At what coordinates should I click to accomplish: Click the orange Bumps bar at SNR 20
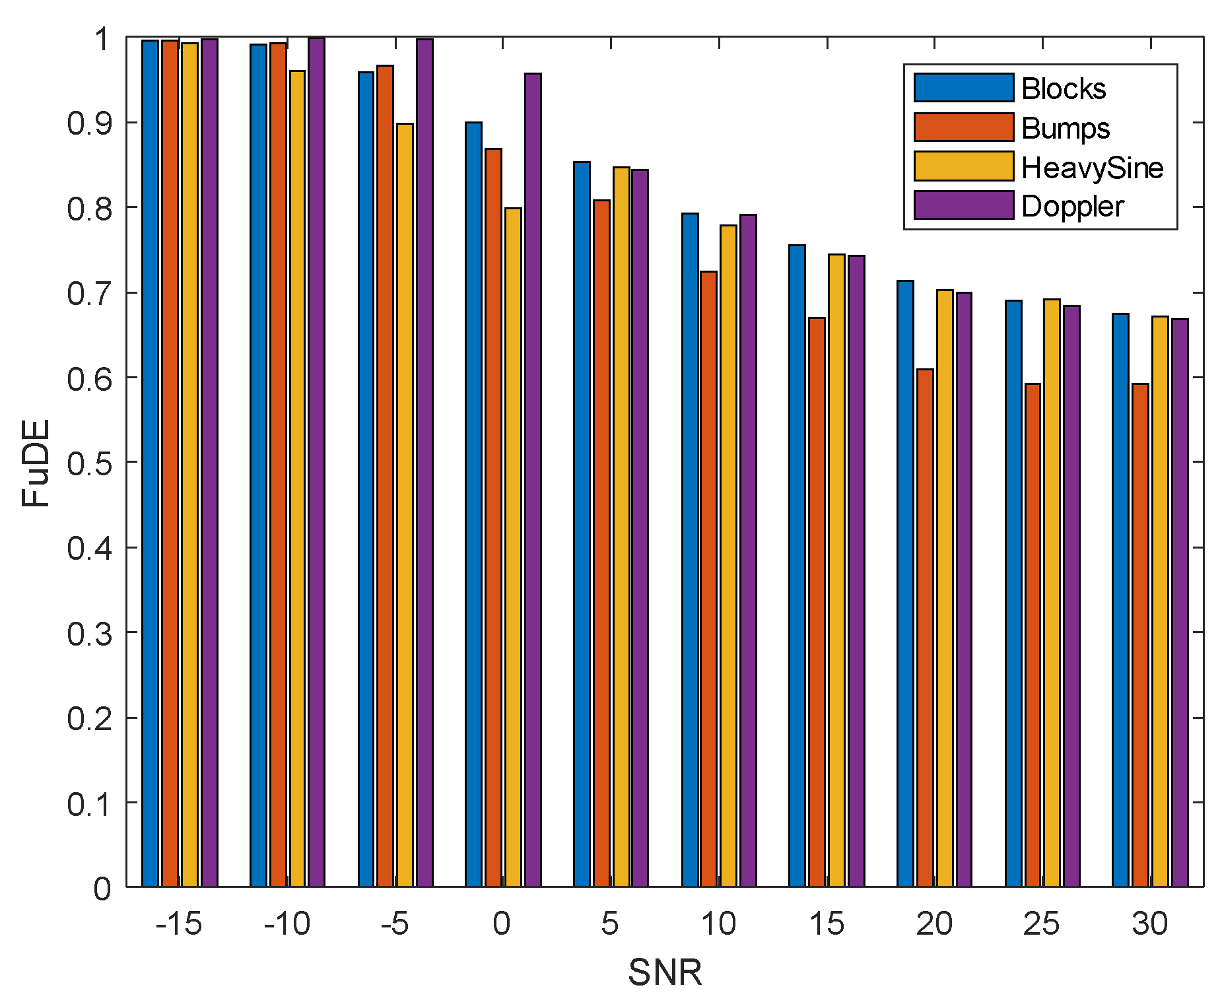click(x=925, y=628)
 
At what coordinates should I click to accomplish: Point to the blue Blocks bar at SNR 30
click(x=1120, y=600)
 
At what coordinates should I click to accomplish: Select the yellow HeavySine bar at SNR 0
click(x=513, y=547)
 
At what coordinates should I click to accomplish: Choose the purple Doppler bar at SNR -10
click(x=316, y=462)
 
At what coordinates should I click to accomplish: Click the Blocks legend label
click(x=1063, y=88)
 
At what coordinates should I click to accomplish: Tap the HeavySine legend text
click(x=1092, y=168)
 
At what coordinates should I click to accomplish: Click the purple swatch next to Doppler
click(x=963, y=205)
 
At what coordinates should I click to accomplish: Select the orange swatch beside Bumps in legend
click(x=963, y=127)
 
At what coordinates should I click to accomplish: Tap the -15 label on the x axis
click(x=178, y=923)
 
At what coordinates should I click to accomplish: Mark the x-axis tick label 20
click(x=933, y=923)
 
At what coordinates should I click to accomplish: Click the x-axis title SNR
click(x=665, y=972)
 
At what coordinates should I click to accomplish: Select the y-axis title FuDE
click(x=36, y=463)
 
